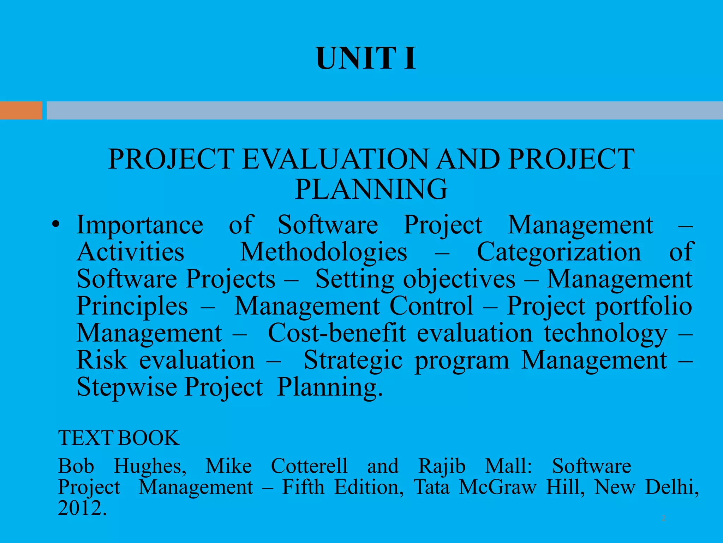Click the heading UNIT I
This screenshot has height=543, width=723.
[x=366, y=59]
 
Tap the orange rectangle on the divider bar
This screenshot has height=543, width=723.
[x=21, y=110]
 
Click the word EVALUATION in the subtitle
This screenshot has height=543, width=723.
[x=335, y=159]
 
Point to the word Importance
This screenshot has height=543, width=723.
[x=140, y=225]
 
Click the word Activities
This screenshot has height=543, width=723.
[x=130, y=252]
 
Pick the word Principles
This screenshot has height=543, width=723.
[x=132, y=306]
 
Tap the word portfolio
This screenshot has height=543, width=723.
[x=644, y=306]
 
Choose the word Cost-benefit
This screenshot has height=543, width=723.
[x=337, y=333]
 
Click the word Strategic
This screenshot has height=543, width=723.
[x=353, y=361]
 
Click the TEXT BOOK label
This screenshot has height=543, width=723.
[x=119, y=438]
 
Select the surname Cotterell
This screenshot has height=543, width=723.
[x=309, y=466]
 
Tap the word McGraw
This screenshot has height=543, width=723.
[x=498, y=487]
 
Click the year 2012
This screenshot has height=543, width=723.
[x=82, y=508]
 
